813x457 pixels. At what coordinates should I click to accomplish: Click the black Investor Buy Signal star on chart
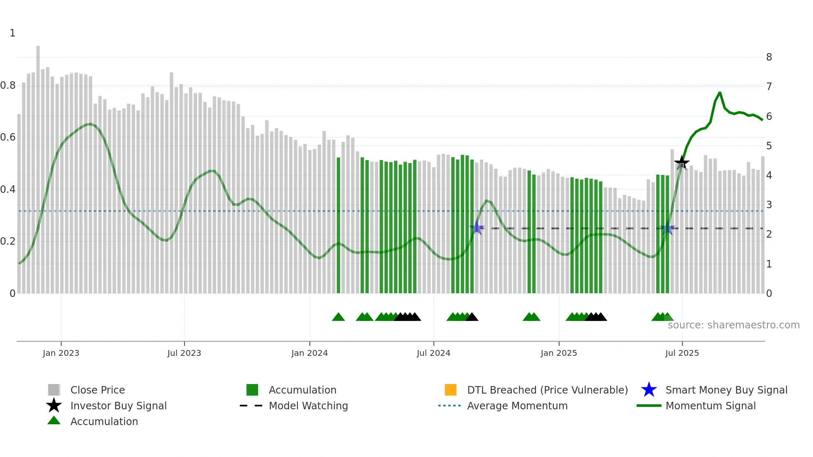tap(682, 163)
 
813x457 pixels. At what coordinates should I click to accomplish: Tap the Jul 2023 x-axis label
tap(184, 353)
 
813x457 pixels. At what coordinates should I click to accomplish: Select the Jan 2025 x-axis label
tap(559, 353)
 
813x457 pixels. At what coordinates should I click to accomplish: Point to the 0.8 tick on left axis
tap(8, 85)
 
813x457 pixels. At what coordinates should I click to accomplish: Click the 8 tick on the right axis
tap(769, 57)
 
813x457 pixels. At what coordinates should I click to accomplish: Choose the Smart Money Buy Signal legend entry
tap(726, 390)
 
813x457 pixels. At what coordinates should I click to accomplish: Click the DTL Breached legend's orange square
tap(450, 390)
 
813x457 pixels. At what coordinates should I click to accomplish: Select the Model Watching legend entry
tap(308, 406)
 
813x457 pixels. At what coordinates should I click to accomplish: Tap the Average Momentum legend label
tap(517, 406)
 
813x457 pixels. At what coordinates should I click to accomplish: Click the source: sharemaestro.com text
tap(733, 325)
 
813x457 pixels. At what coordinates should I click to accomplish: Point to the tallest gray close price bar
tap(38, 166)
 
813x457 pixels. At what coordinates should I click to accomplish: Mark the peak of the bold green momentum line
tap(720, 93)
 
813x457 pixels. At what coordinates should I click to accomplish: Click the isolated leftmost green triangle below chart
tap(338, 317)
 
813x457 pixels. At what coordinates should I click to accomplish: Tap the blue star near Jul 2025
tap(668, 229)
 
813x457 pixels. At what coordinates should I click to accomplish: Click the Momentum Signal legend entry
tap(710, 406)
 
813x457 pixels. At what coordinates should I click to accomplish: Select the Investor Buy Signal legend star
tap(54, 406)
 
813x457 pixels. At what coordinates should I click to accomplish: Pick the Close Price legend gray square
tap(54, 390)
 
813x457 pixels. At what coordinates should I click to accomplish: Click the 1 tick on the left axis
tap(12, 33)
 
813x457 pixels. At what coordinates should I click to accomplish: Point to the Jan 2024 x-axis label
tap(309, 353)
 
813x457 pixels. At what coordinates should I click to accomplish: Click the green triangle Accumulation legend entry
tap(104, 421)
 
